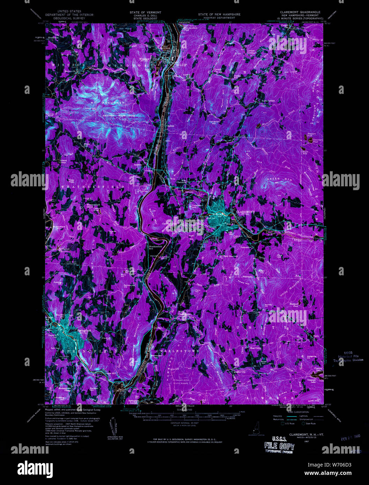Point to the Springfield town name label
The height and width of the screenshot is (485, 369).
click(84, 330)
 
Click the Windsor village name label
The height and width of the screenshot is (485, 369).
click(145, 59)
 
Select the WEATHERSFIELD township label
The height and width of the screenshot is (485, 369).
click(92, 187)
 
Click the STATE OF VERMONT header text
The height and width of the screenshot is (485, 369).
click(145, 12)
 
